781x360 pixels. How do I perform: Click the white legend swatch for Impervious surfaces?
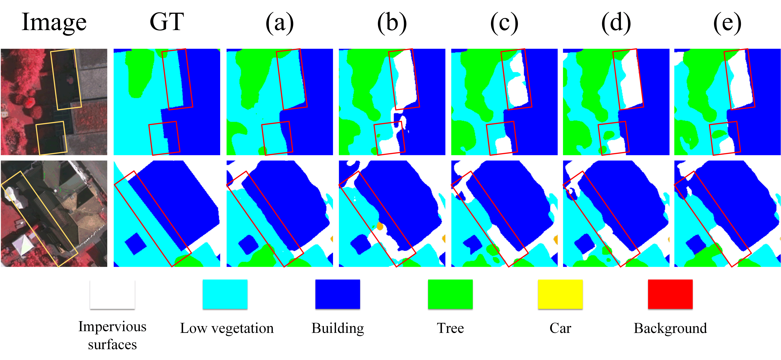112,294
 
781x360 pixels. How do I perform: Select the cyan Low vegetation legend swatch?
225,294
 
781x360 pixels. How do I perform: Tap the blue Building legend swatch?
337,294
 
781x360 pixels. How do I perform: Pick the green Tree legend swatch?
450,294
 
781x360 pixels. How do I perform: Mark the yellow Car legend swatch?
560,294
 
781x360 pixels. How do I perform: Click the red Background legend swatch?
670,294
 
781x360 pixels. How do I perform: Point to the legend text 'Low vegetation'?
227,328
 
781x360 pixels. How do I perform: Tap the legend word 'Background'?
670,328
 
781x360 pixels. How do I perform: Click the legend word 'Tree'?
450,328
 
